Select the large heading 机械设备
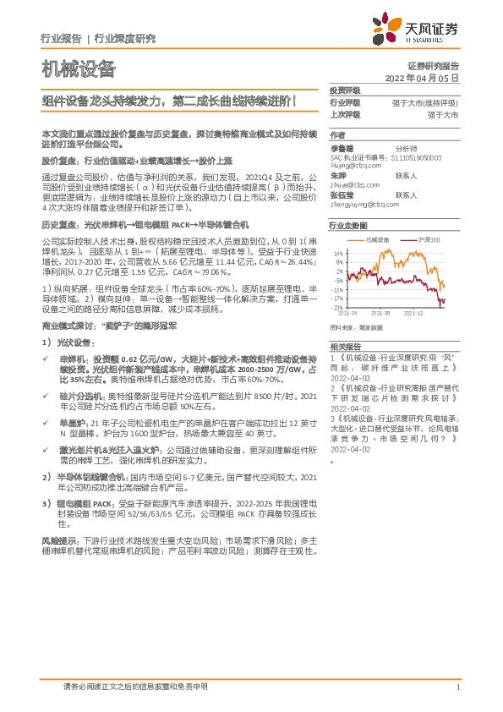(x=78, y=68)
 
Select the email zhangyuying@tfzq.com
(x=364, y=203)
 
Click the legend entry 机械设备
(x=377, y=241)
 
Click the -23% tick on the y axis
(x=337, y=309)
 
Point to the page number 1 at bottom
(x=457, y=687)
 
